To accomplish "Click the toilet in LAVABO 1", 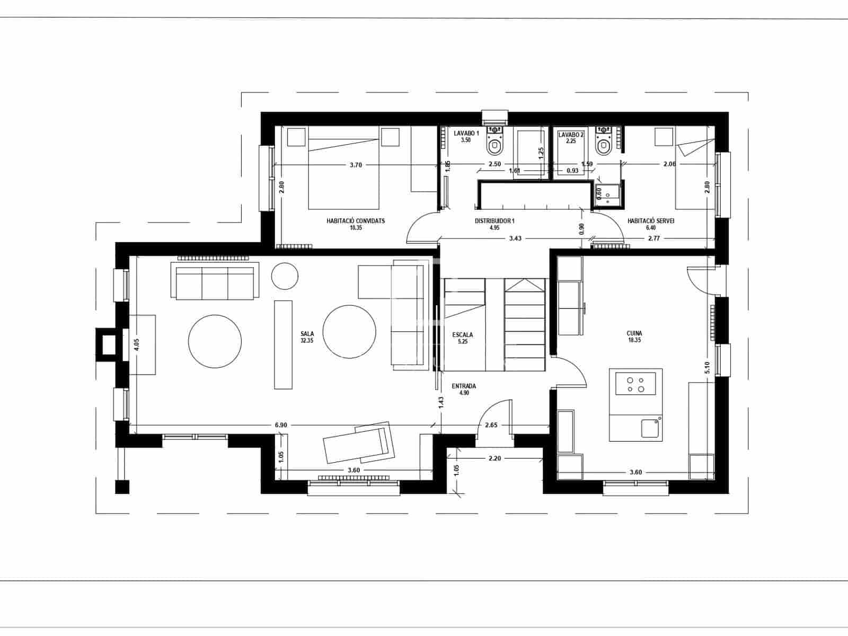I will [496, 144].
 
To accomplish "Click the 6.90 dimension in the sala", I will [281, 425].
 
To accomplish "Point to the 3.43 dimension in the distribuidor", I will [515, 238].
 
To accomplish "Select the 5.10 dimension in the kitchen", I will [706, 367].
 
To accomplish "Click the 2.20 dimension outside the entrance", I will [494, 458].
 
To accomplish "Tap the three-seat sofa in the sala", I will [215, 283].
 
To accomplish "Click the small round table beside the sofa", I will [285, 276].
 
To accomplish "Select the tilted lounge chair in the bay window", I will [358, 443].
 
